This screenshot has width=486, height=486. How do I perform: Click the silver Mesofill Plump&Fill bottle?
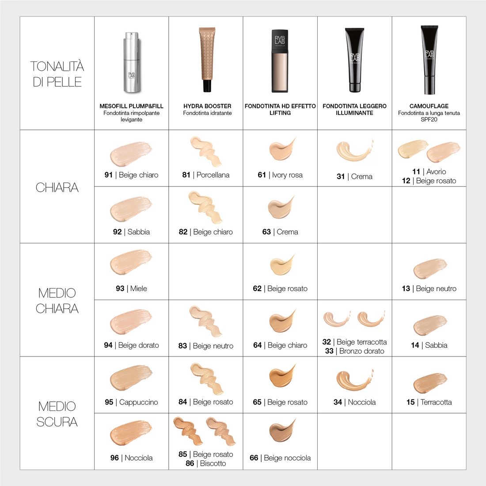click(x=132, y=63)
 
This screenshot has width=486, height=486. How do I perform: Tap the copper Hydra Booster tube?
click(x=207, y=59)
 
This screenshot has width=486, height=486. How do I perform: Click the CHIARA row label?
click(x=57, y=188)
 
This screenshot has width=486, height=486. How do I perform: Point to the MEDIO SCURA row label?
click(x=57, y=414)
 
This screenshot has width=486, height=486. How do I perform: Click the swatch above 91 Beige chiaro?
click(x=131, y=154)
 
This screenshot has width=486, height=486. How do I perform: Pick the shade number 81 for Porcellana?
click(x=186, y=175)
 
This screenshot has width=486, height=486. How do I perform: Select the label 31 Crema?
click(x=354, y=176)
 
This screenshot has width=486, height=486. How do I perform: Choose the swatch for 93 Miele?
click(x=131, y=262)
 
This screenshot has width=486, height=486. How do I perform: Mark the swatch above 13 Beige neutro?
click(x=429, y=269)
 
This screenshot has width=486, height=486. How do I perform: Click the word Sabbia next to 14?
click(x=436, y=345)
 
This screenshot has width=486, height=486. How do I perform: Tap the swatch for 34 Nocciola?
click(x=354, y=380)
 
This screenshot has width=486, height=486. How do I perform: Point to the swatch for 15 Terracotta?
click(x=429, y=383)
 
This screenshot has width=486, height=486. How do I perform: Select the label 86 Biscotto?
click(x=206, y=463)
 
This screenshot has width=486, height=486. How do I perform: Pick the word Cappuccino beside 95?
click(x=138, y=402)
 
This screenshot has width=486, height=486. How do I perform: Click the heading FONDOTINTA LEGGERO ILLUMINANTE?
click(x=354, y=110)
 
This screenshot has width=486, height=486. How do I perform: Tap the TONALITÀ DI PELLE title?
click(x=57, y=74)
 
